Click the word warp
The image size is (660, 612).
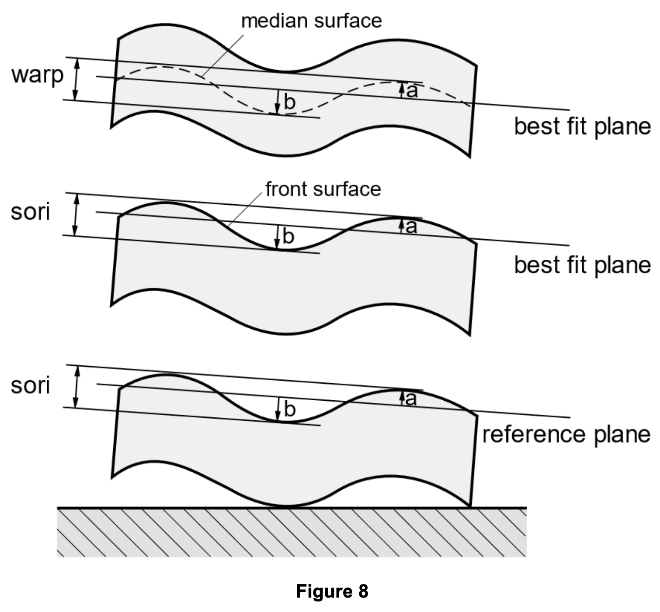pos(37,76)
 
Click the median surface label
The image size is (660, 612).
pos(311,21)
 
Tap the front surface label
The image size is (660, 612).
pos(323,189)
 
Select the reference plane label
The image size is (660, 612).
pos(566,435)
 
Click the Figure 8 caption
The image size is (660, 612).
pos(332,591)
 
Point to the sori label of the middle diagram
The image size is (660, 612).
pos(31,212)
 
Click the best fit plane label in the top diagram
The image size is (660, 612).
pos(582,127)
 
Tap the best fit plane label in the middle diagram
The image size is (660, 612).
pos(582,265)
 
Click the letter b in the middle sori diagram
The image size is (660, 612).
pos(288,236)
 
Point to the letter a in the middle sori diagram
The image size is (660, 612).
pos(411,227)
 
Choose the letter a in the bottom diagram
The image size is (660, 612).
pos(411,399)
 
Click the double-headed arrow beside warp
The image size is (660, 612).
pos(76,79)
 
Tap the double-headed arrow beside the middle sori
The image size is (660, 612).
pos(76,214)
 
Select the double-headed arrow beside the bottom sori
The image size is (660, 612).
pos(76,386)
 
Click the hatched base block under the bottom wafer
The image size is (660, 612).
pos(292,532)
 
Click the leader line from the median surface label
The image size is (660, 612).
pos(222,56)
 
